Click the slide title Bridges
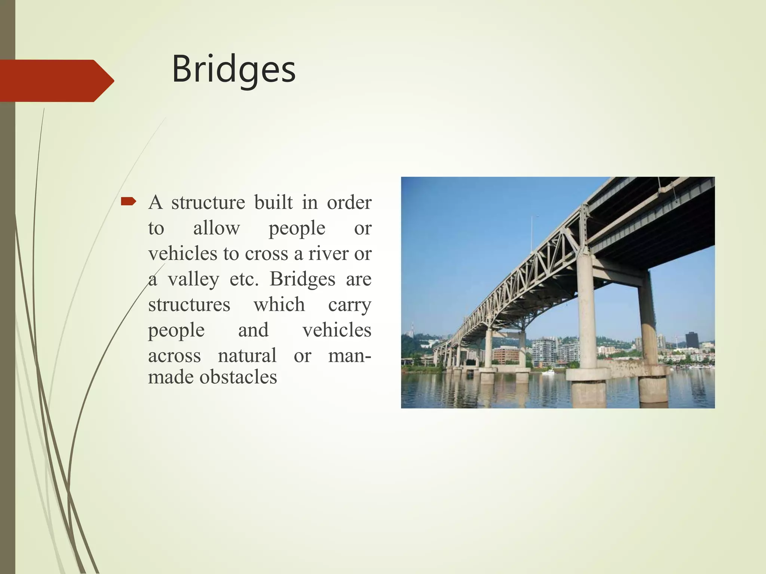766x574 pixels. [x=233, y=70]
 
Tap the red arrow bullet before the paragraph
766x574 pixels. [x=128, y=202]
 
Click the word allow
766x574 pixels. [x=216, y=228]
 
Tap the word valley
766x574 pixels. [x=193, y=279]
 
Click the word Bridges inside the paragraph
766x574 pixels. [x=302, y=279]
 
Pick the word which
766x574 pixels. [x=279, y=304]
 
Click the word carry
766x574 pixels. [x=349, y=305]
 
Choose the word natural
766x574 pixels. [x=247, y=355]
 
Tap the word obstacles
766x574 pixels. [x=238, y=377]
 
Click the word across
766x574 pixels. [x=174, y=355]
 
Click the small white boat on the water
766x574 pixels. [x=548, y=372]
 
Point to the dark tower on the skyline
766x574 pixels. [x=692, y=339]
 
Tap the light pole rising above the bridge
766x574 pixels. [x=531, y=234]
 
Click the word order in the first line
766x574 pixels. [x=349, y=202]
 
